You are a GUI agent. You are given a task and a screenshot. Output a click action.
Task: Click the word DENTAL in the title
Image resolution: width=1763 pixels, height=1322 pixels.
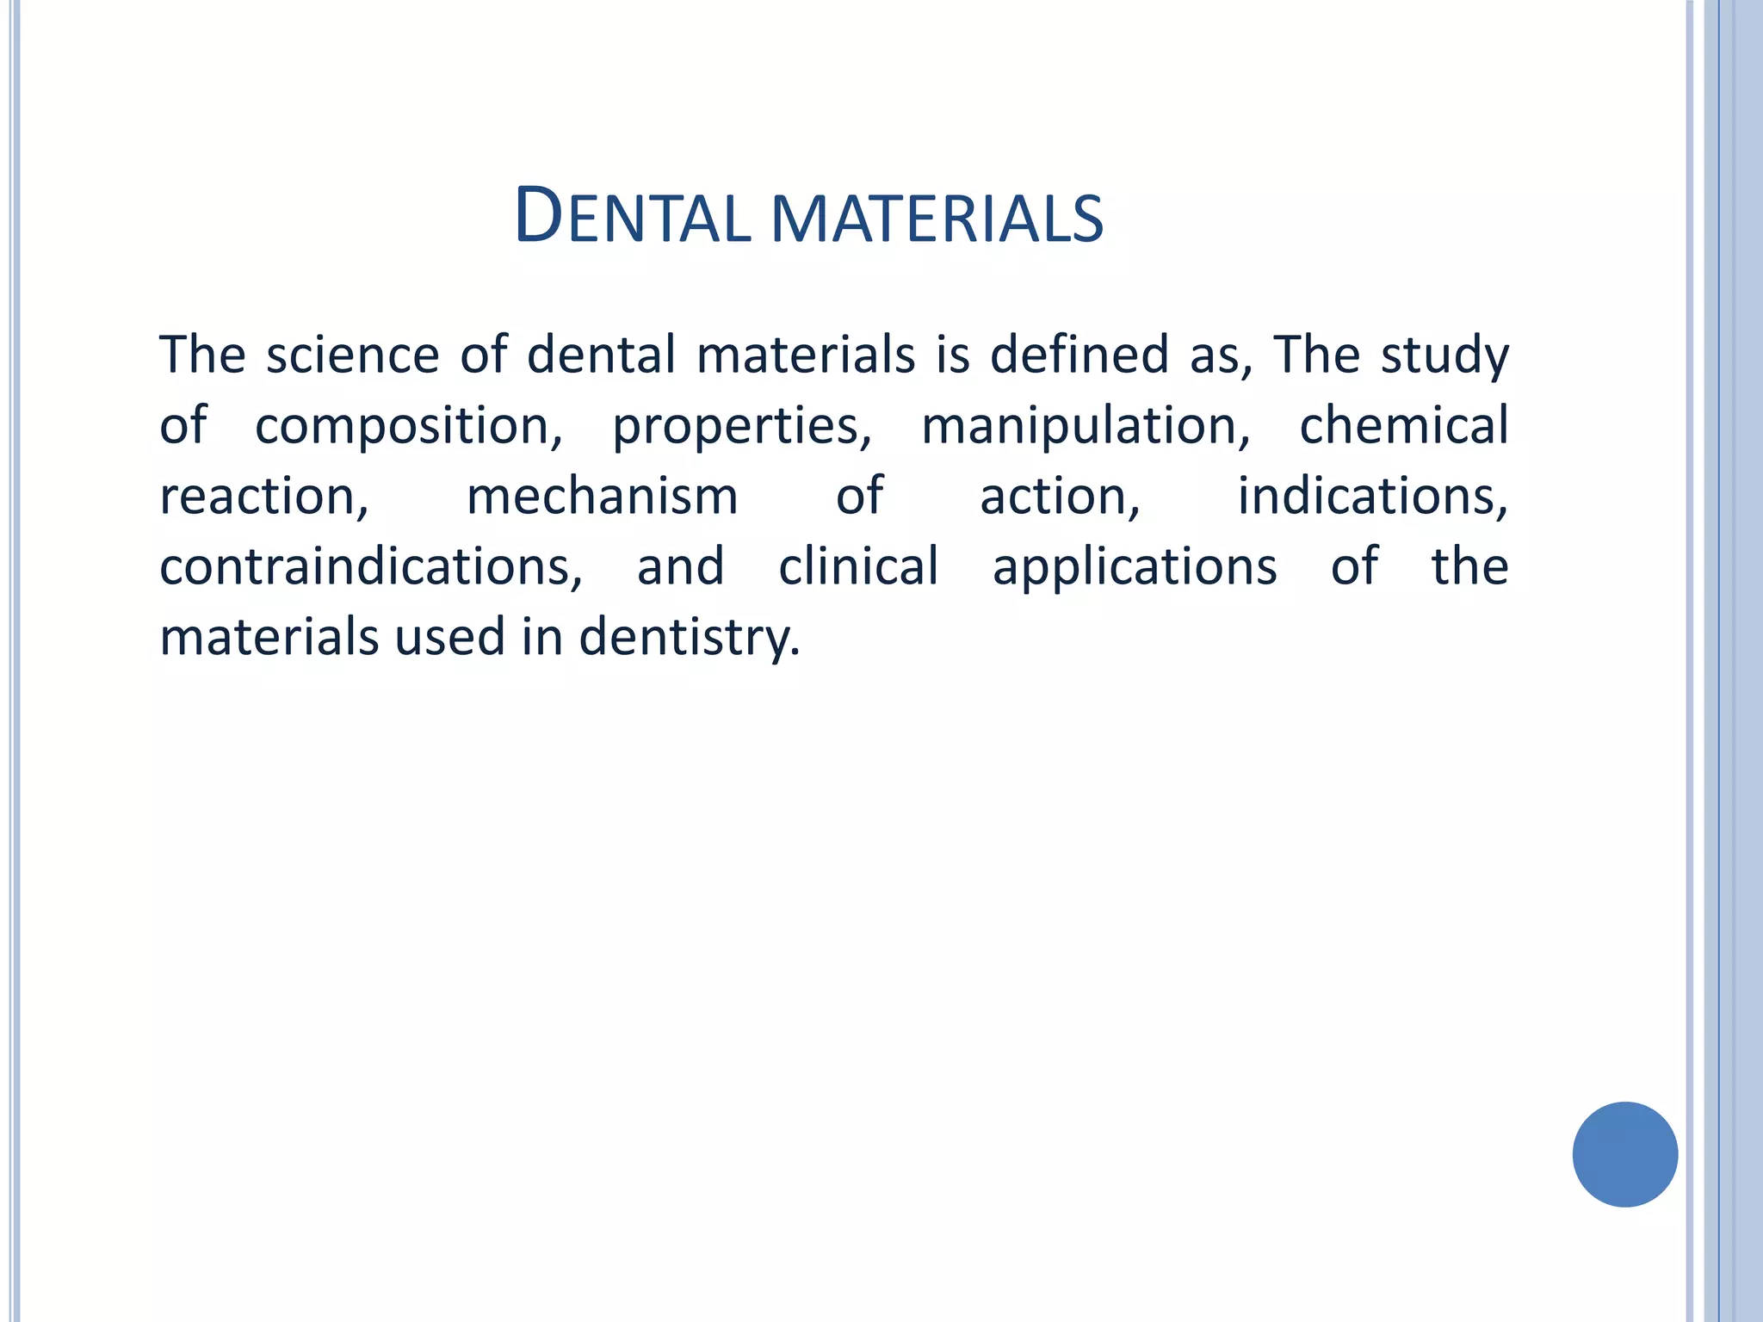632,217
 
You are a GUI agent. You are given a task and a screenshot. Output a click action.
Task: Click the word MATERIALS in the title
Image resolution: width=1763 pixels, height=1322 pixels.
937,219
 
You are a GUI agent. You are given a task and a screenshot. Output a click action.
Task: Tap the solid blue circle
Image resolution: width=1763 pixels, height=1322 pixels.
1624,1154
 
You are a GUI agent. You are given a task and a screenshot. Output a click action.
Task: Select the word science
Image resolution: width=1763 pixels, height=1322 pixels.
352,355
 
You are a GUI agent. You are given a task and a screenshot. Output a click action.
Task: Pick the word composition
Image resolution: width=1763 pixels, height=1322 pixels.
408,427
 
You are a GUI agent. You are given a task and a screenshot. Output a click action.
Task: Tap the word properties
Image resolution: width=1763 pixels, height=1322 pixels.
741,427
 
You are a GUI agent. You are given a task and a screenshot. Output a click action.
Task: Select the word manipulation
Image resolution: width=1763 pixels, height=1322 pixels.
1086,427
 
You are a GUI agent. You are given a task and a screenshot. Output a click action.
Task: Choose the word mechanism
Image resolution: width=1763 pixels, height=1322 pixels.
602,497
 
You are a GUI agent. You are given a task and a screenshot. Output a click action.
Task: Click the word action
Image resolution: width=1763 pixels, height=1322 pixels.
1060,497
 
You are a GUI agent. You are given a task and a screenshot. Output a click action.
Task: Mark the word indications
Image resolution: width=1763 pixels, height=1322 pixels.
1372,497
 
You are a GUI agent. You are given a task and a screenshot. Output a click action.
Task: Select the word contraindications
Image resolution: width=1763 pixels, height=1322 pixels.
371,568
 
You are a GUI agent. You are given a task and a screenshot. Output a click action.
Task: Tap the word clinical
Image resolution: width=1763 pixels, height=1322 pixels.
858,567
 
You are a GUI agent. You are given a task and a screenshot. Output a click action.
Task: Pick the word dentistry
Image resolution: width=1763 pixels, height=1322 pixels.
689,639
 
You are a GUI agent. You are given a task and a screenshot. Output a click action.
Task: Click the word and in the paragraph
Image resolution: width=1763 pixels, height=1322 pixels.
680,568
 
